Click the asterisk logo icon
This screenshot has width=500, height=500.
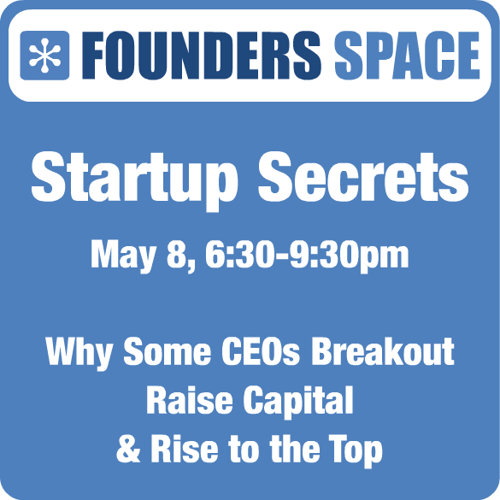pyautogui.click(x=44, y=56)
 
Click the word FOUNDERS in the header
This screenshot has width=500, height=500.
pyautogui.click(x=202, y=56)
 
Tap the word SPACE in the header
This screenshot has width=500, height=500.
pyautogui.click(x=407, y=56)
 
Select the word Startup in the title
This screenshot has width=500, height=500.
pyautogui.click(x=135, y=180)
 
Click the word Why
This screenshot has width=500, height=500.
pyautogui.click(x=79, y=353)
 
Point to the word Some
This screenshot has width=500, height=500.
pyautogui.click(x=167, y=351)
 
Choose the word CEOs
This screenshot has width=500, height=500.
pyautogui.click(x=261, y=351)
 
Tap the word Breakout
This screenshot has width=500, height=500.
pyautogui.click(x=383, y=351)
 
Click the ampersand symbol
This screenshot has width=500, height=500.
pyautogui.click(x=128, y=450)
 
